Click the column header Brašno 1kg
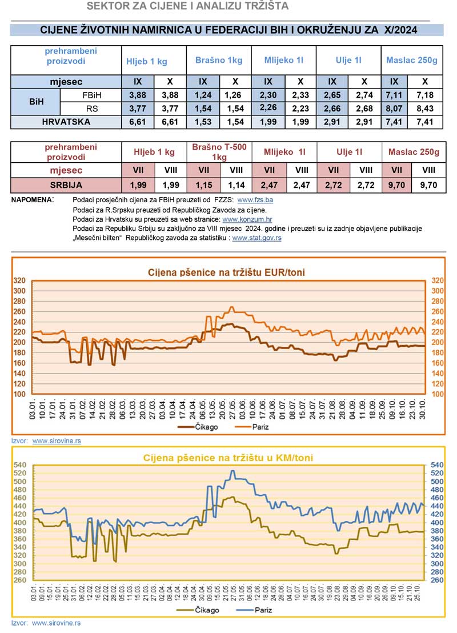click(219, 60)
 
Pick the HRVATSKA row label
click(66, 122)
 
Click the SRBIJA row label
click(66, 185)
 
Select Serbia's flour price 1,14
click(235, 185)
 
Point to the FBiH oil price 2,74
click(364, 94)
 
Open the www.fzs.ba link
click(255, 201)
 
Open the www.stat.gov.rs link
click(256, 237)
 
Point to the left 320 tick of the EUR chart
click(20, 281)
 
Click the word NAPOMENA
click(32, 201)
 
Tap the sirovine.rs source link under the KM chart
click(57, 623)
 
